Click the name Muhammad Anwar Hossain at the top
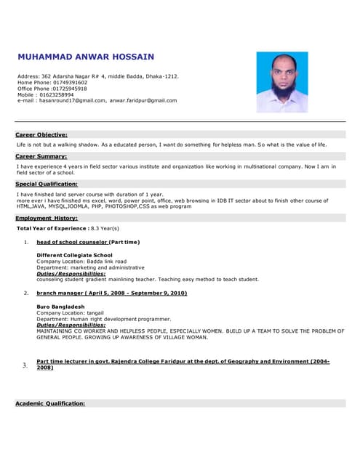click(86, 57)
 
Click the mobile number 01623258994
click(56, 94)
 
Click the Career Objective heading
click(41, 134)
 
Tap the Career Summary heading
click(41, 156)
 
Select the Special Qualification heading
click(47, 184)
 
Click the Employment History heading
click(47, 218)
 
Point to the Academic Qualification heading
click(50, 403)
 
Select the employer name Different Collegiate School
click(74, 255)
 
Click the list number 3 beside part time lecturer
click(25, 365)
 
